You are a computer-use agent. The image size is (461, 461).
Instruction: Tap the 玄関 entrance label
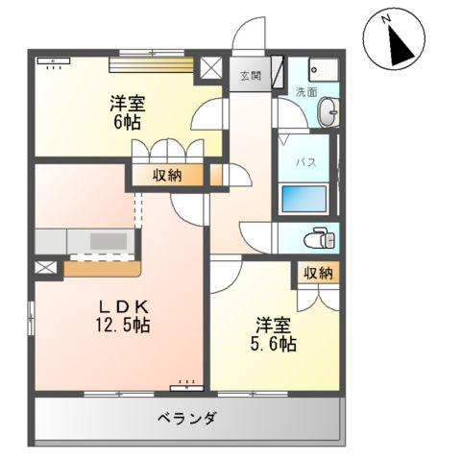point(251,75)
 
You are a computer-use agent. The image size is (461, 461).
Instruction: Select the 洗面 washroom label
point(305,93)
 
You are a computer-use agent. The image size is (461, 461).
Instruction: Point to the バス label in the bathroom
point(303,161)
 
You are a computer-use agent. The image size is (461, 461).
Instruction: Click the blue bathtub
point(303,200)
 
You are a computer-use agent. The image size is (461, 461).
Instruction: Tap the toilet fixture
point(319,237)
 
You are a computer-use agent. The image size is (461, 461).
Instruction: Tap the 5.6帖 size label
point(275,343)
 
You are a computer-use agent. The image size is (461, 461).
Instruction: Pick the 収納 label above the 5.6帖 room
point(318,273)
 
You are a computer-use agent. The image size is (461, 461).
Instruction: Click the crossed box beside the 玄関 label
point(209,70)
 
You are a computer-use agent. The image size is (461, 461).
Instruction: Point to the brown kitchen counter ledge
point(102,269)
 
